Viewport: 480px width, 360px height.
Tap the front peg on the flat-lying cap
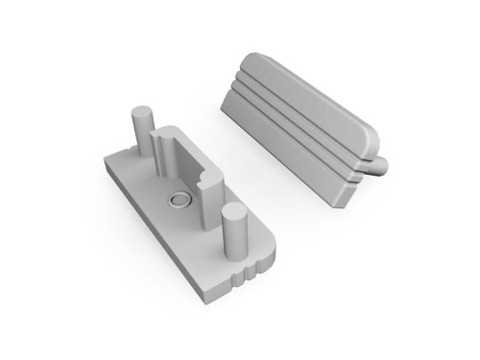[233, 230]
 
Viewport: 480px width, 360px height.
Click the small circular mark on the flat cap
[179, 200]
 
